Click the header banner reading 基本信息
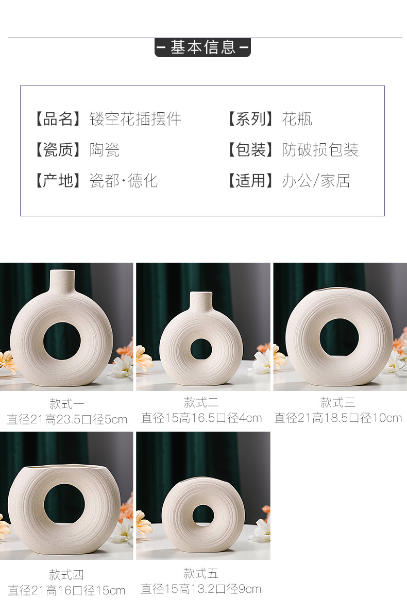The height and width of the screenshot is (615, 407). tap(202, 47)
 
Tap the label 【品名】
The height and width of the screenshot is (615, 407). tap(58, 119)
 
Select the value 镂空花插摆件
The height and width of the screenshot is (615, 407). tap(135, 119)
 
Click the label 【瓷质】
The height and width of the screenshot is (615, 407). tap(58, 150)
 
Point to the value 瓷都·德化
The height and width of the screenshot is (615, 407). tap(124, 181)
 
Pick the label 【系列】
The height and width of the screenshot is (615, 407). tap(251, 119)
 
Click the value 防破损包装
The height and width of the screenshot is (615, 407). tap(320, 150)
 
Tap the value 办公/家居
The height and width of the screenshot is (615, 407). tap(316, 181)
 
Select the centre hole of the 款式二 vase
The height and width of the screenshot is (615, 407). tap(201, 349)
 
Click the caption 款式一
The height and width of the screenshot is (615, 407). tap(67, 404)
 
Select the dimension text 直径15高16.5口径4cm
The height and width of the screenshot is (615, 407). tap(201, 418)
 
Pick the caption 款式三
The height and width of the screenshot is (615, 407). tap(338, 402)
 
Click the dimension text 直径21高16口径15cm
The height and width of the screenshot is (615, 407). tap(67, 590)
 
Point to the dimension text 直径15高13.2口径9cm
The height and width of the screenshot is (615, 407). tap(201, 589)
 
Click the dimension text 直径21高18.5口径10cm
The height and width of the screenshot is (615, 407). tap(338, 418)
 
